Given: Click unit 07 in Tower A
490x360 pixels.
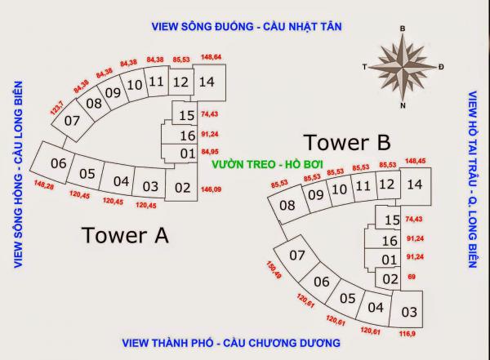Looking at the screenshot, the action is coord(72,121).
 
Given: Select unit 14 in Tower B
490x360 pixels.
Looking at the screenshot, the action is coord(416,186).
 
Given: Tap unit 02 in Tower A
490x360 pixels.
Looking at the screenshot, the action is coord(181,184).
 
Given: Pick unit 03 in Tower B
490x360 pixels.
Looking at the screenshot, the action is coord(407,309).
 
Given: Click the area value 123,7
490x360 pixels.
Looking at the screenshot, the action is coord(57,108).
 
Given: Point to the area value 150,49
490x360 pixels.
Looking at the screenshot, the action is coord(274,270).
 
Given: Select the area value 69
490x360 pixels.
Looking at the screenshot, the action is coord(412,277).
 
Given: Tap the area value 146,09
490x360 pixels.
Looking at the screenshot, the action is coord(211,189).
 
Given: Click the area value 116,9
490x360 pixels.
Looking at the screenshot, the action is coord(408,334).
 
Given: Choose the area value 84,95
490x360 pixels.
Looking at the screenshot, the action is coord(210,152).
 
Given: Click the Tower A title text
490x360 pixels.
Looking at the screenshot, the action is coord(125,235).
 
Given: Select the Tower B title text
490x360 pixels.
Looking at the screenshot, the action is coord(347,142).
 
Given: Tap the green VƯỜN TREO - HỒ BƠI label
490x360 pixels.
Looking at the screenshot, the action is coord(267,164).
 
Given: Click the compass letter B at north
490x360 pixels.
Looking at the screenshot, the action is coord(403,29).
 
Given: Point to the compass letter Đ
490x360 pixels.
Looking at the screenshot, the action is coord(441,67).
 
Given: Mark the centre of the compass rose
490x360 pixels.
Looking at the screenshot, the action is coord(403,67).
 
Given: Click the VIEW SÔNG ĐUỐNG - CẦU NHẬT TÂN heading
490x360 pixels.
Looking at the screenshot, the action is coord(247,27).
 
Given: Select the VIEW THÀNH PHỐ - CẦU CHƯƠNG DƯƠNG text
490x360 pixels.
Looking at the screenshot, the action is coord(231,343).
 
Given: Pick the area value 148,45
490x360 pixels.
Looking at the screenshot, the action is coord(416,161).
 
